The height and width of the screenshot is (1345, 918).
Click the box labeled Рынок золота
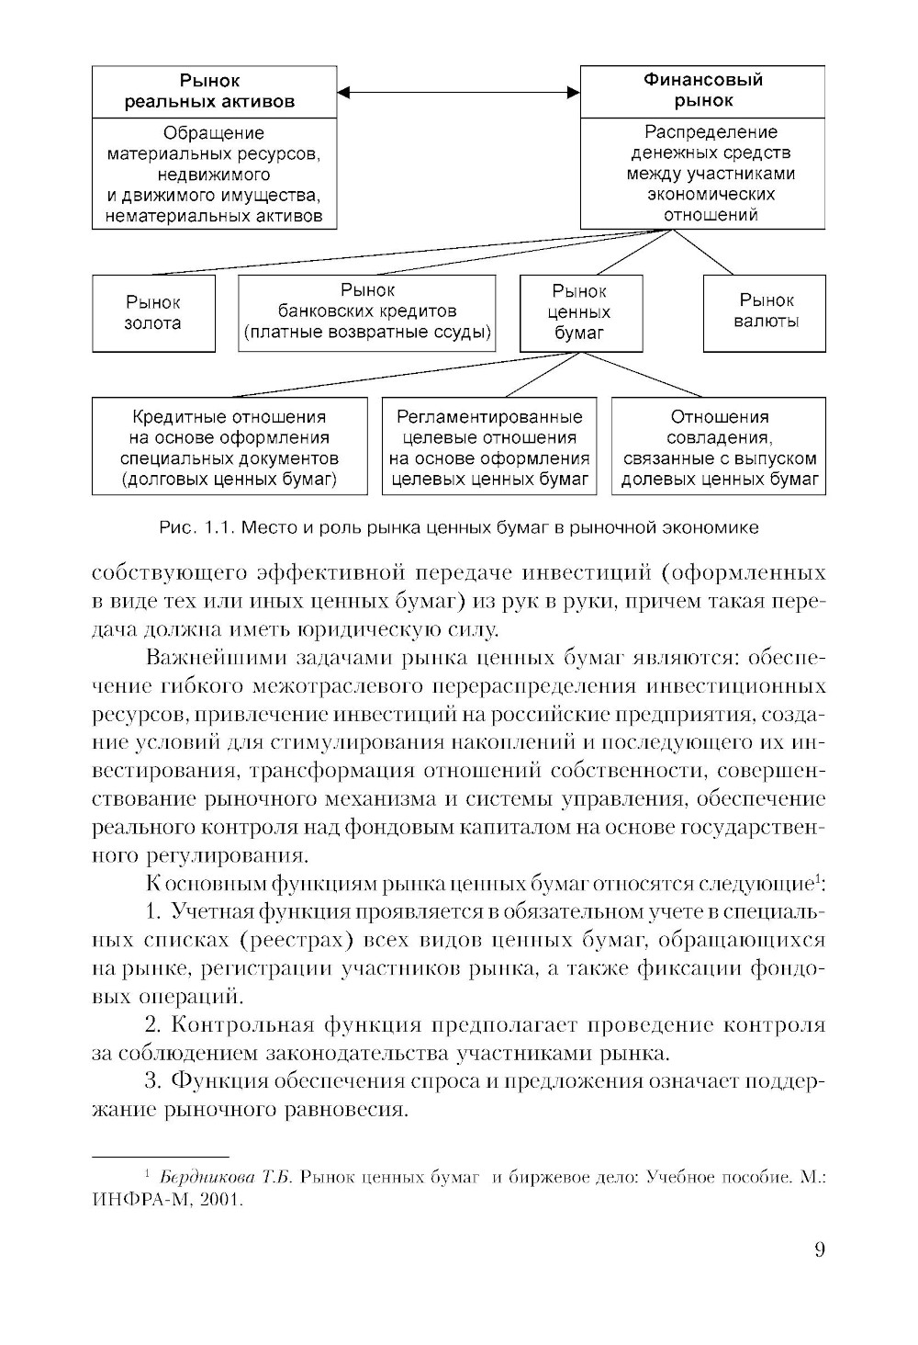[x=153, y=313]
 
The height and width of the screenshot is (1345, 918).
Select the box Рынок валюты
[x=765, y=312]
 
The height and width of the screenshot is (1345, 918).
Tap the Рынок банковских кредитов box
[x=366, y=312]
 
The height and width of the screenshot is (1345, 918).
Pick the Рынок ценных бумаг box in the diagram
[x=580, y=312]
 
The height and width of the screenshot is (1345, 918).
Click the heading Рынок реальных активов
[x=214, y=91]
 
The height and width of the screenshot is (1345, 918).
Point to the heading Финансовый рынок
[x=702, y=90]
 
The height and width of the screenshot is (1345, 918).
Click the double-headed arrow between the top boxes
[x=458, y=92]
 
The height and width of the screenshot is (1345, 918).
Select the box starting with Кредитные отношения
[x=229, y=447]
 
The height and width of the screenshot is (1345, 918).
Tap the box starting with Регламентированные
[x=489, y=447]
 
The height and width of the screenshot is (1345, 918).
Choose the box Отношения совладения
[x=719, y=447]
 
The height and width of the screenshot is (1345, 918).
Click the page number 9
[x=819, y=1249]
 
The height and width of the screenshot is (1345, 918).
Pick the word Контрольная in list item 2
[x=238, y=1025]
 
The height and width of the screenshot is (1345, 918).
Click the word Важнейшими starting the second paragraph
[x=214, y=658]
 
